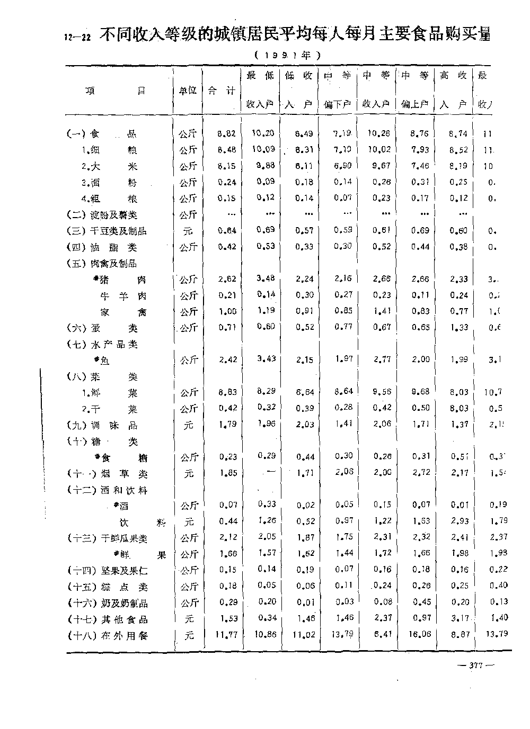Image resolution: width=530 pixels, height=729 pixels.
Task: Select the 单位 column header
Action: (188, 91)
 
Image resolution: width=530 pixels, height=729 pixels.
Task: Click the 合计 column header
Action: (222, 91)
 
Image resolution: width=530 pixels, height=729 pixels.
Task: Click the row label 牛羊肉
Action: (123, 296)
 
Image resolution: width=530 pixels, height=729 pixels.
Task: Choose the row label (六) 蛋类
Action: (102, 328)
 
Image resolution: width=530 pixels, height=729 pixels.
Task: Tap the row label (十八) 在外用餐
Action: (108, 636)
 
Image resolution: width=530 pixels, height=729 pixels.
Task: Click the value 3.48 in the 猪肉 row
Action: (266, 278)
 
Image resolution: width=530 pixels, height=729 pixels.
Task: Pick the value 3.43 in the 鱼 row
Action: (266, 359)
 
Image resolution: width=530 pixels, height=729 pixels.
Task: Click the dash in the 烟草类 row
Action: (269, 472)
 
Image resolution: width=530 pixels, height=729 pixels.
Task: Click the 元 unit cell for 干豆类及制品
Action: (189, 231)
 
